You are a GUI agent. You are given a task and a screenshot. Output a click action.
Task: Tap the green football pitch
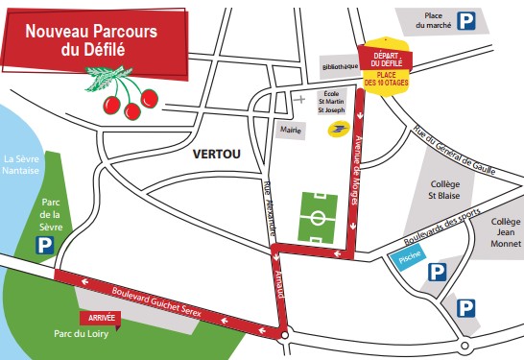pos(319,218)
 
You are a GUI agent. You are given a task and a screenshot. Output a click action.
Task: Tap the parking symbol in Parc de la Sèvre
pos(43,247)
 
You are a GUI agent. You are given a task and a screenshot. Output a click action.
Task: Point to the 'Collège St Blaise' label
pos(442,191)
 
